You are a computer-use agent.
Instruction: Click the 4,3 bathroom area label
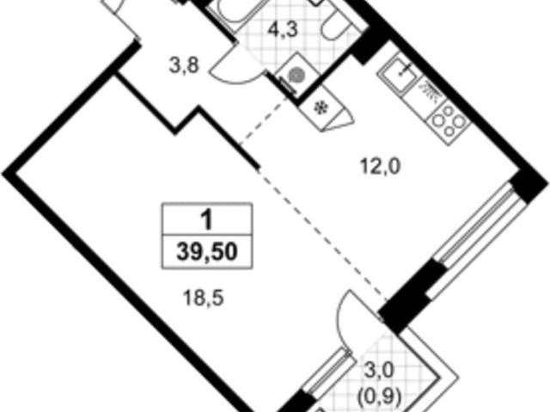click(x=283, y=30)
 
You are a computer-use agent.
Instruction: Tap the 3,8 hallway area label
click(x=185, y=66)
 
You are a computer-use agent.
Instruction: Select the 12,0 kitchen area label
click(x=380, y=167)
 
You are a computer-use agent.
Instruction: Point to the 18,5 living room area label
click(x=204, y=298)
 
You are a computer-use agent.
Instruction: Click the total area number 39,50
click(x=207, y=252)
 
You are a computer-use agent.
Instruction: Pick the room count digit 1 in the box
click(x=207, y=220)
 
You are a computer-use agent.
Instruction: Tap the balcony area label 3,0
click(x=381, y=371)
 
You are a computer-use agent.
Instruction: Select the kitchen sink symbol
click(x=399, y=73)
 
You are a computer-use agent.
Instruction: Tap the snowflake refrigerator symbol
click(x=320, y=108)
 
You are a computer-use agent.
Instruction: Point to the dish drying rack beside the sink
click(x=430, y=92)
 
